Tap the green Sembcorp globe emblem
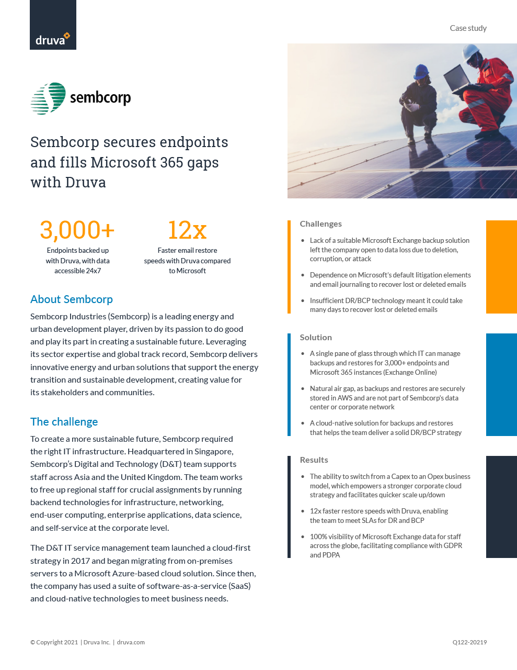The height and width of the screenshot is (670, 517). pyautogui.click(x=48, y=98)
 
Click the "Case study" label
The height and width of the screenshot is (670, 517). pyautogui.click(x=468, y=28)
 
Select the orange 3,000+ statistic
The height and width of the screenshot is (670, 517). pyautogui.click(x=77, y=230)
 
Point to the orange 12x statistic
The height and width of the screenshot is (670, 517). pyautogui.click(x=187, y=230)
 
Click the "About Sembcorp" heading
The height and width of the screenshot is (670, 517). pyautogui.click(x=72, y=299)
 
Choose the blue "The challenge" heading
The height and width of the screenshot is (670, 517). pyautogui.click(x=64, y=422)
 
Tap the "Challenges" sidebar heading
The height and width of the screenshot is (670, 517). pyautogui.click(x=320, y=224)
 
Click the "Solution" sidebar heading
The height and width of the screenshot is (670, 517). pyautogui.click(x=316, y=338)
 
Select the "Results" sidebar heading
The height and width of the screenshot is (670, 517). pyautogui.click(x=314, y=460)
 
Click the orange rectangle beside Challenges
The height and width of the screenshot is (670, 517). pyautogui.click(x=501, y=267)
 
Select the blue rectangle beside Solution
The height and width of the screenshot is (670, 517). pyautogui.click(x=501, y=385)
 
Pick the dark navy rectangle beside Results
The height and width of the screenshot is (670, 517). pyautogui.click(x=501, y=507)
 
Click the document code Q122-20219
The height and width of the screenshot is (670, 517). pyautogui.click(x=469, y=642)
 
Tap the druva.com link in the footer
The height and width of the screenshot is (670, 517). pyautogui.click(x=131, y=642)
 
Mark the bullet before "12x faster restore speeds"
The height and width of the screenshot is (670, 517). pyautogui.click(x=303, y=511)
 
